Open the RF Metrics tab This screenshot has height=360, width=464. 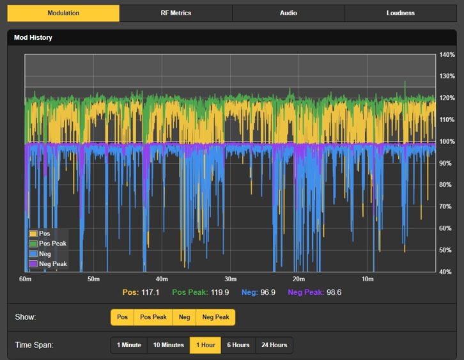(x=176, y=13)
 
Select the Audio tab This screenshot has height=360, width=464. (x=288, y=13)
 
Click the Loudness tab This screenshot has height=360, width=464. (x=401, y=13)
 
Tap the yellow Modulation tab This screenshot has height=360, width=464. (x=63, y=13)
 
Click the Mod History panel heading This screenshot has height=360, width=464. (x=33, y=38)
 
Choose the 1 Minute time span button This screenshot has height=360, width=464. (x=129, y=345)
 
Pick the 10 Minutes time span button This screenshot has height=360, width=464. (x=168, y=345)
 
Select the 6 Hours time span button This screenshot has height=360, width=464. (x=238, y=345)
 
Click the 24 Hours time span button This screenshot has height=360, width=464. (x=274, y=345)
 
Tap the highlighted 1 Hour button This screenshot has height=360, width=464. (x=205, y=345)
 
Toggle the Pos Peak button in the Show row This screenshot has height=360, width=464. (x=153, y=317)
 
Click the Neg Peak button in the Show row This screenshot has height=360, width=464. (x=216, y=317)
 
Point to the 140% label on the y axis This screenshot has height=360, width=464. (x=447, y=55)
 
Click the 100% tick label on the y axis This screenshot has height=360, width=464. (x=447, y=141)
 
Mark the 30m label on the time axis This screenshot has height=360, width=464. (x=231, y=279)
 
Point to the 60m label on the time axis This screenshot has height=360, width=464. (x=25, y=279)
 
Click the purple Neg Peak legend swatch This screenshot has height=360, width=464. (x=33, y=264)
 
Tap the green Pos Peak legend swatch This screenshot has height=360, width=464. (x=33, y=244)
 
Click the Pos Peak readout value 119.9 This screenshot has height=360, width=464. (x=220, y=292)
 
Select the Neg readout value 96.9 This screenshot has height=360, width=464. (x=268, y=292)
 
